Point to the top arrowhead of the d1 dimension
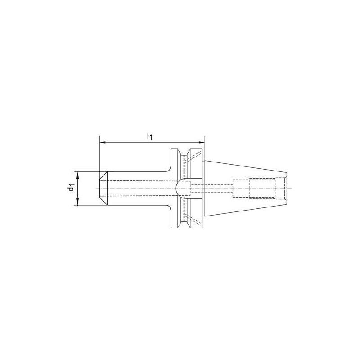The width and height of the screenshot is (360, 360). click(78, 175)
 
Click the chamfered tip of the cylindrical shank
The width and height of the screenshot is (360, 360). click(103, 189)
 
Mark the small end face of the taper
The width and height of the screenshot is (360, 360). click(287, 188)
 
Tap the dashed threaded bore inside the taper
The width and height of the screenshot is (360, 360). click(261, 188)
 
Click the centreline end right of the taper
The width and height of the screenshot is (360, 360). click(292, 188)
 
